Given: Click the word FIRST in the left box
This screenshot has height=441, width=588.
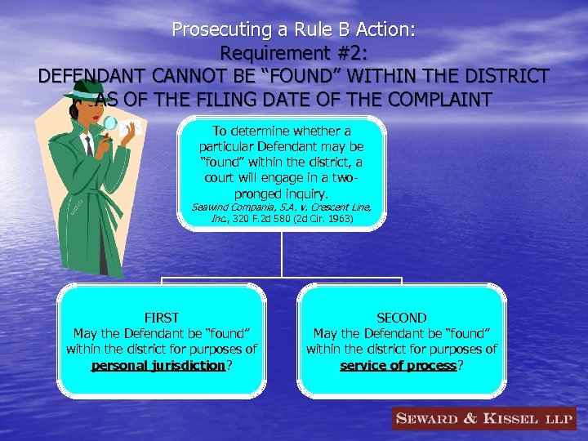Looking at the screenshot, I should click(x=161, y=318).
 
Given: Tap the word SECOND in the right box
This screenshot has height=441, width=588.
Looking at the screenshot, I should click(x=401, y=318).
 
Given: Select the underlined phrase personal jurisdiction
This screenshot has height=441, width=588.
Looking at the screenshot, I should click(x=158, y=365).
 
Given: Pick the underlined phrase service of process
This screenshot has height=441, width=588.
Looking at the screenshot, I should click(x=398, y=365).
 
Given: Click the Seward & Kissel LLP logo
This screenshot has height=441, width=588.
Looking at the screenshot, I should click(x=483, y=419).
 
